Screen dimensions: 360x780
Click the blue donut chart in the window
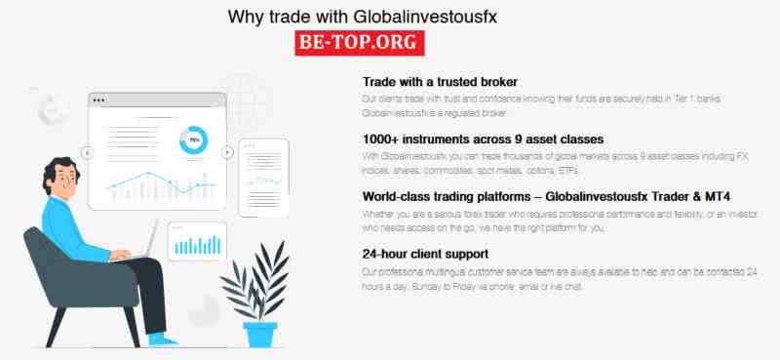(193, 140)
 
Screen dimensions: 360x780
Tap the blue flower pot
(260, 332)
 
